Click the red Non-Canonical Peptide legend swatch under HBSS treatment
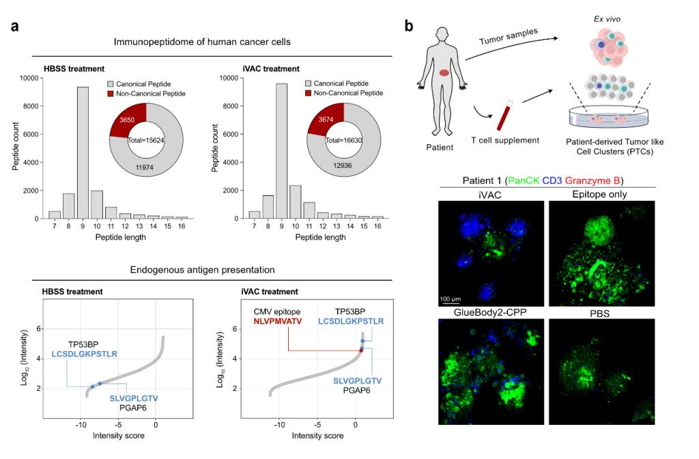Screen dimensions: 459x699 [x=111, y=93]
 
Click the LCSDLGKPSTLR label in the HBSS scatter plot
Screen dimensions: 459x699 [x=85, y=354]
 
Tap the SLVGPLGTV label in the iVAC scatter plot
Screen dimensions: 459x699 [x=358, y=379]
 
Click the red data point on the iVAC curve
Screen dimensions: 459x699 [x=361, y=350]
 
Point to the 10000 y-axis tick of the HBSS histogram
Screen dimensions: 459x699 [x=30, y=79]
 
